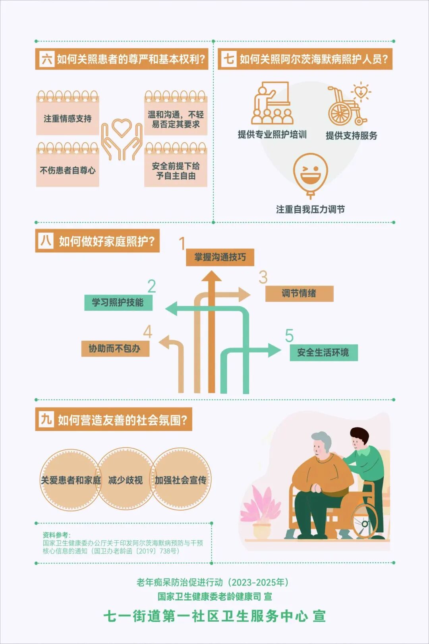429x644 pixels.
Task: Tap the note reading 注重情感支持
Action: click(68, 118)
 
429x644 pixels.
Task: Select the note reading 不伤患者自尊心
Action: click(68, 170)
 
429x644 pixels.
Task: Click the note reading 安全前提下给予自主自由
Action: click(176, 171)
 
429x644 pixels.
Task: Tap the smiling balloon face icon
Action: click(310, 174)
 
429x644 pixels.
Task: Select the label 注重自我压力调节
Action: click(310, 209)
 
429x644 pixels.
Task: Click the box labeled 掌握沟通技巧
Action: click(220, 257)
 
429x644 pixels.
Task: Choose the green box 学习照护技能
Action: click(118, 303)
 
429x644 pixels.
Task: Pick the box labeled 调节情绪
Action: click(299, 293)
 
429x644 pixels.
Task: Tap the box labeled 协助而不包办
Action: click(115, 349)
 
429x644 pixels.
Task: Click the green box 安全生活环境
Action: click(323, 353)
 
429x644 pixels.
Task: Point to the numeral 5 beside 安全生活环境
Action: click(289, 336)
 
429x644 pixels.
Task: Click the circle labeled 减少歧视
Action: click(126, 480)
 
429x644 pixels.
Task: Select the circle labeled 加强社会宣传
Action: click(181, 480)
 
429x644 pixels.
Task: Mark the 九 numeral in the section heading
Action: click(46, 419)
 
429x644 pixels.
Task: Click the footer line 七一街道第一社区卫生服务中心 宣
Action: click(214, 616)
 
